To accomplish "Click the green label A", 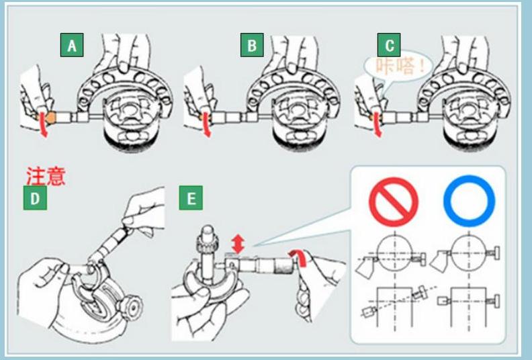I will pyautogui.click(x=72, y=45).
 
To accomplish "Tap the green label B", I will pyautogui.click(x=252, y=45).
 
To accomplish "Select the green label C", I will pyautogui.click(x=390, y=45).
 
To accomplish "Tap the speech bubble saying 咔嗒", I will pyautogui.click(x=395, y=66).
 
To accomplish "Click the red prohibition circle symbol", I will pyautogui.click(x=393, y=201).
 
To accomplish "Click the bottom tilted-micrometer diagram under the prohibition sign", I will pyautogui.click(x=393, y=306).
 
